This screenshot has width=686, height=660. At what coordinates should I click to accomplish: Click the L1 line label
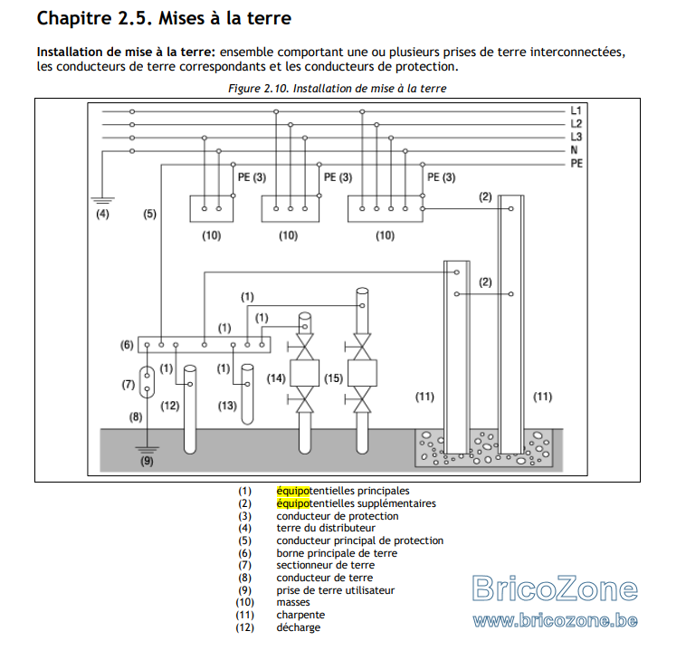point(576,110)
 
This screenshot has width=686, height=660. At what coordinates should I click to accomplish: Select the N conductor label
point(574,150)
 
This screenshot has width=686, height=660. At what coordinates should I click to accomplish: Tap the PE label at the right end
point(576,163)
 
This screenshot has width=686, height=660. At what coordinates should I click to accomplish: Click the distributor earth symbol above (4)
point(102,201)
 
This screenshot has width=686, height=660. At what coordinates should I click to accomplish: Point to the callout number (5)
point(149,214)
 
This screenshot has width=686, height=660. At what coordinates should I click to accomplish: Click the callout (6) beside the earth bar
point(127,345)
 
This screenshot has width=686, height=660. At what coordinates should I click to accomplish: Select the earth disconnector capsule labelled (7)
point(147,382)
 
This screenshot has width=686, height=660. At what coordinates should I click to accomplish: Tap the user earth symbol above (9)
point(147,450)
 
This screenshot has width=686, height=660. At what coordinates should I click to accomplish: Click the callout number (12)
point(170,406)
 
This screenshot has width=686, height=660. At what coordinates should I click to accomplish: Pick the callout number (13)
point(227,406)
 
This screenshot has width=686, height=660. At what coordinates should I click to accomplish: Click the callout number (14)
point(276,378)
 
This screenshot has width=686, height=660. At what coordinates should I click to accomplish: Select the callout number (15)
point(333,378)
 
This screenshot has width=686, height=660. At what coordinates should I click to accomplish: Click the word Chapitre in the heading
point(74,18)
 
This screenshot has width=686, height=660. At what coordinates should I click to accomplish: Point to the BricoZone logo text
point(555,588)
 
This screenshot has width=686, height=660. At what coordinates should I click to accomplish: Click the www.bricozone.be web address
point(555,620)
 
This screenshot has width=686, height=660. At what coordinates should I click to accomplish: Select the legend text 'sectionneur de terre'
point(326,565)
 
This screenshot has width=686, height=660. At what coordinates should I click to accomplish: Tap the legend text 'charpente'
point(300,615)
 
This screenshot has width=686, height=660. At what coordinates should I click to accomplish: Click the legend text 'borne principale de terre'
point(337,553)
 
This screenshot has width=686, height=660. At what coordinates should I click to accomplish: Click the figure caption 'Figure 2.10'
point(259,89)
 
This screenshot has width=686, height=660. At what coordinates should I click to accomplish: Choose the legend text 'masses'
point(293,603)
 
